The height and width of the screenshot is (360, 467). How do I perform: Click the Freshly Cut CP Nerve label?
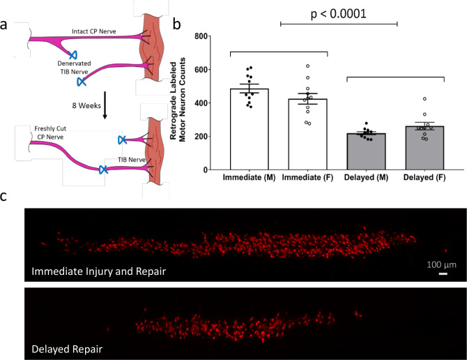click(51, 133)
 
